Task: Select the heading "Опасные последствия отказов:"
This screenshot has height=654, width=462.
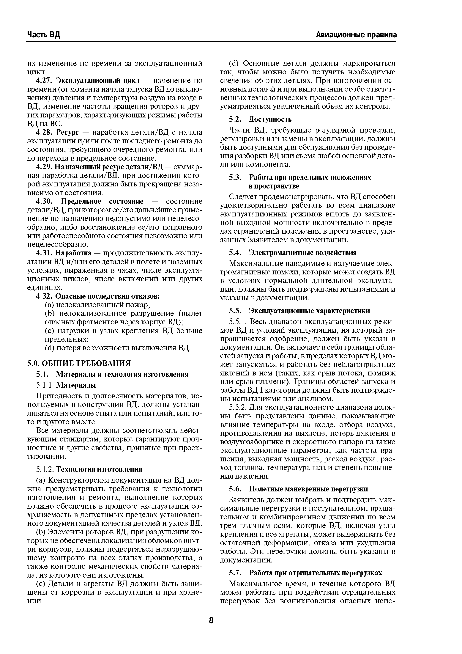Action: [107, 296]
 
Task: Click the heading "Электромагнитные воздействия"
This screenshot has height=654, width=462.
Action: [303, 253]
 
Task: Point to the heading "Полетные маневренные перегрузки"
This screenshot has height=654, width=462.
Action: [308, 489]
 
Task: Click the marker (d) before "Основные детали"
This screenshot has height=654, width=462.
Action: [235, 63]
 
